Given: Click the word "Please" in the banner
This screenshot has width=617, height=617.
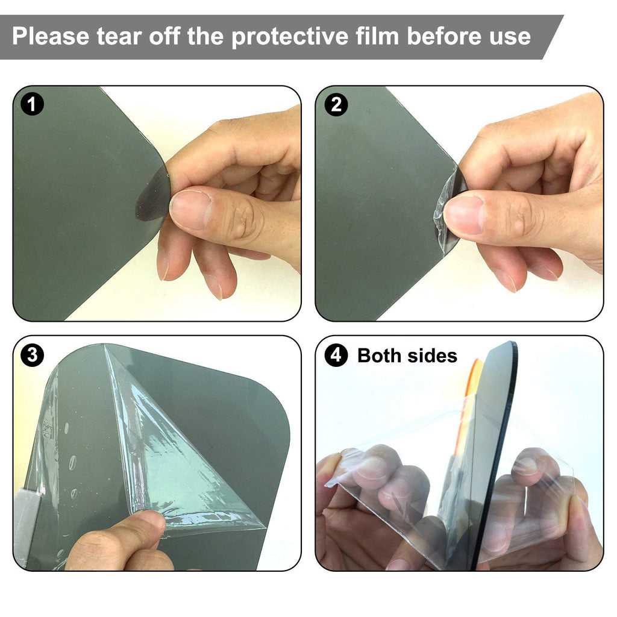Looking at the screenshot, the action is (x=51, y=36).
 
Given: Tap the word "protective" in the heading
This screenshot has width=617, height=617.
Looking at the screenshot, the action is (x=290, y=37).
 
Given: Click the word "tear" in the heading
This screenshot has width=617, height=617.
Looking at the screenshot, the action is (x=119, y=37).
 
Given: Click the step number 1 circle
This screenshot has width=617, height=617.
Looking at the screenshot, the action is (x=31, y=104).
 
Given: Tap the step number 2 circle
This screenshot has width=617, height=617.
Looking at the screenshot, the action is (x=336, y=105).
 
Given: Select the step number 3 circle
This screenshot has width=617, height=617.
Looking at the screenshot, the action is (x=32, y=354).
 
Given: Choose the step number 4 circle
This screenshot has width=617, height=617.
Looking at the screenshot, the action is (x=336, y=354).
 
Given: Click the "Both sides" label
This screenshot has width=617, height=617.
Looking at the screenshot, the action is (x=407, y=355).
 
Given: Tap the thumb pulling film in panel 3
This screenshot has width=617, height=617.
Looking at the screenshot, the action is (x=118, y=541).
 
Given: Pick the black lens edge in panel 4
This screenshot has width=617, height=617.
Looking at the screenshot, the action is (x=499, y=453).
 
